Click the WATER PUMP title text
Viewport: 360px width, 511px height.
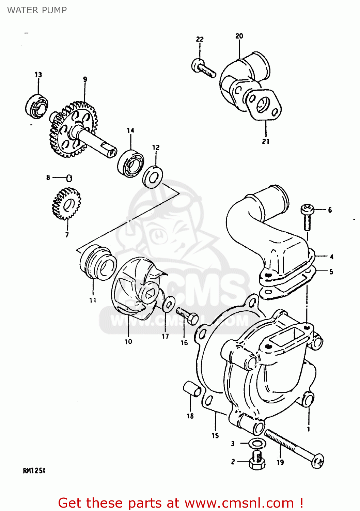[37, 10]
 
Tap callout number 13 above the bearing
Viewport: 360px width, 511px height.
[38, 75]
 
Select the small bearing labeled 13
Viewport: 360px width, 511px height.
[36, 106]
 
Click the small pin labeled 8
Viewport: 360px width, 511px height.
[69, 178]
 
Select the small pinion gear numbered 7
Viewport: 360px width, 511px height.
[66, 204]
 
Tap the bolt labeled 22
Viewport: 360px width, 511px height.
[203, 67]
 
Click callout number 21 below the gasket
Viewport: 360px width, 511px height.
[266, 141]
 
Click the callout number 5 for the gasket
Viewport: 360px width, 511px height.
[331, 272]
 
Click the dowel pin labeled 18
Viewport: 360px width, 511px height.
[192, 389]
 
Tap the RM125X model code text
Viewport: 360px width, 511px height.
[34, 471]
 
